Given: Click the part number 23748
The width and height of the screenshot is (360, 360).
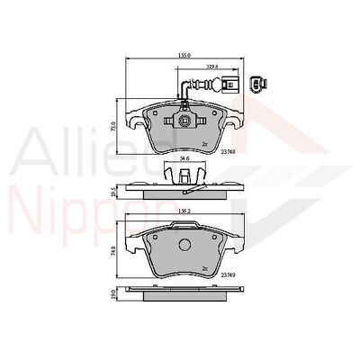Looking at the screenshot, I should point(229,152).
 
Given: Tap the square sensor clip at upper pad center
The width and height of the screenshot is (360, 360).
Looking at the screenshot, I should point(183,121).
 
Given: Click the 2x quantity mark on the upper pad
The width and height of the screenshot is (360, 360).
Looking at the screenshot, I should point(204,143).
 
